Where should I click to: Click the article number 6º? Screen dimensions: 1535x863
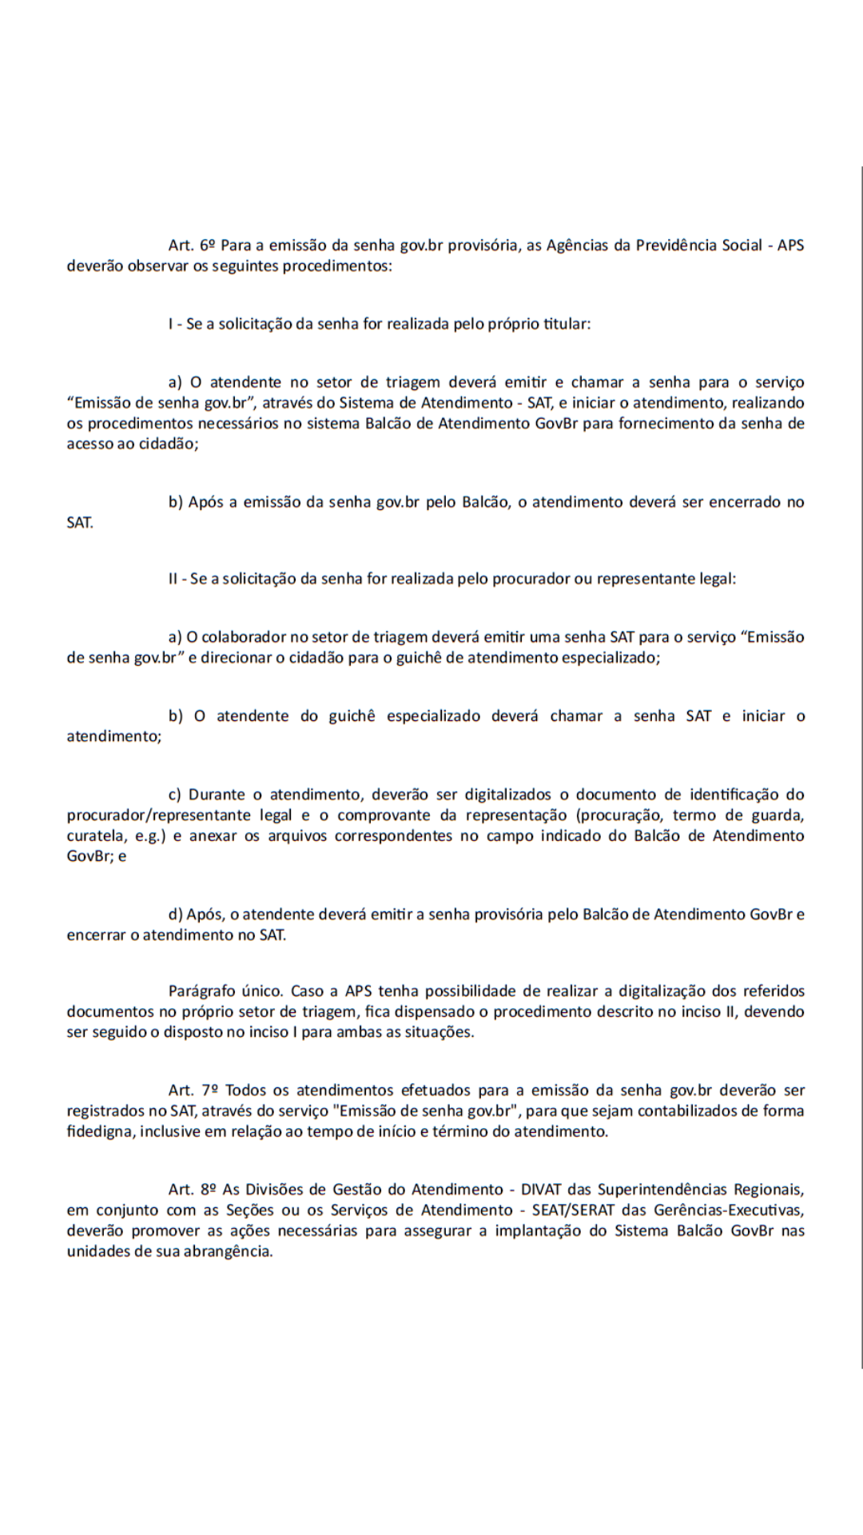208,245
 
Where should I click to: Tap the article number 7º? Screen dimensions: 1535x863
209,1090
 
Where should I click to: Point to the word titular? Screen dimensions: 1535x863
566,325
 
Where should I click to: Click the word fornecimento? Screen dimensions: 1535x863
666,424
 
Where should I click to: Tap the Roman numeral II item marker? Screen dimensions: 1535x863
175,579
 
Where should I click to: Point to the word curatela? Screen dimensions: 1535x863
91,836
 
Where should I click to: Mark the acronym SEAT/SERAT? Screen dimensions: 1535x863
572,1210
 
